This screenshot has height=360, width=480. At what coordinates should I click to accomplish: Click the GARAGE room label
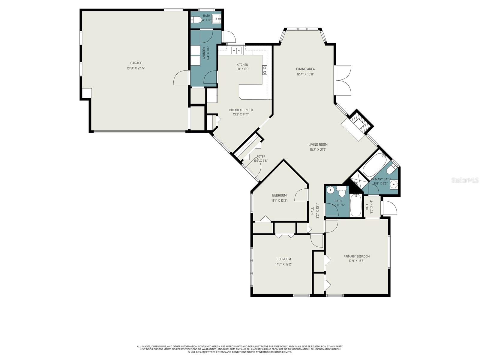point(136,63)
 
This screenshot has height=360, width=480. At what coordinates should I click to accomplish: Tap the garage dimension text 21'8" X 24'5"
point(136,68)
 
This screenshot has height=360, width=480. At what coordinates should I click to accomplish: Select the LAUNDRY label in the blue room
point(204,53)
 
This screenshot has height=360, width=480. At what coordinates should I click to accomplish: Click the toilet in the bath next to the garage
point(196,20)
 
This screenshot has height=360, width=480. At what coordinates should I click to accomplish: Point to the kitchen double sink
point(236,50)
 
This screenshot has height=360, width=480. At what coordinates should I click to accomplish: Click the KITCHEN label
point(242,65)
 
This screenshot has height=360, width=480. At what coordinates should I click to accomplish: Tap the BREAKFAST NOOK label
point(241,110)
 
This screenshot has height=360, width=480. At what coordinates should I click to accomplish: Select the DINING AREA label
point(305,69)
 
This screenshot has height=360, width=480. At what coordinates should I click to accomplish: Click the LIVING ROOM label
point(318,145)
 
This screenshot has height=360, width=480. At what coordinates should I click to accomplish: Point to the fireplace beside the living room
point(357,123)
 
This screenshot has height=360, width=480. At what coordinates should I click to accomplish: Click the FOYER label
point(261,157)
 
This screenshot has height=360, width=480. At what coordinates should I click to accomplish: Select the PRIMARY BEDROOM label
point(356,256)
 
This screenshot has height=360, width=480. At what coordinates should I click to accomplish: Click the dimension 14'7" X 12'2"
point(283,264)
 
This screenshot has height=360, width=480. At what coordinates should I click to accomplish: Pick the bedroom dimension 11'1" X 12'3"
point(279,200)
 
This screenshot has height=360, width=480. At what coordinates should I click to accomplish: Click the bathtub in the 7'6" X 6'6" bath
point(356,205)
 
